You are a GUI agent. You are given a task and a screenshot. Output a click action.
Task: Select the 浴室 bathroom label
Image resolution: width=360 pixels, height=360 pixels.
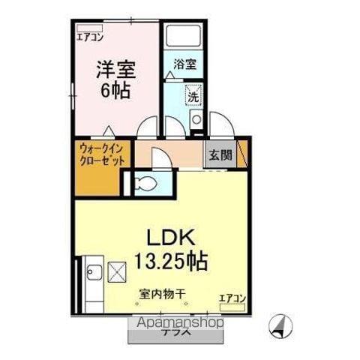pos(184,64)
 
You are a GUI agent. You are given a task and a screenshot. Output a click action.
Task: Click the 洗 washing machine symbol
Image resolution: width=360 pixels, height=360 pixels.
pos(193,96)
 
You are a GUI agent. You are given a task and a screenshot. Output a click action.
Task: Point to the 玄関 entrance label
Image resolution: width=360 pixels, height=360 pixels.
pos(220,156)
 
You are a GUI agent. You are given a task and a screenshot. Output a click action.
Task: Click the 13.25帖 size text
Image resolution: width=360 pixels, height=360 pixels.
pos(170,262)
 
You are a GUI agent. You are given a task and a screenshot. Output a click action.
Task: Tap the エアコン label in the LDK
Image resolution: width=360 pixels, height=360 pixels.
pos(232,299)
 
